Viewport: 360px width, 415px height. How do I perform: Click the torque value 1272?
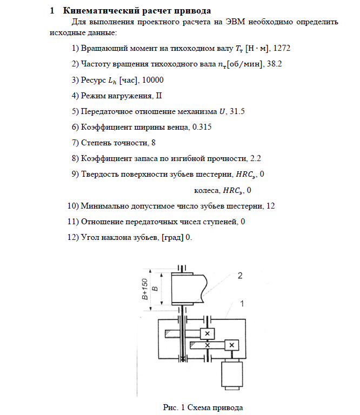click(282, 48)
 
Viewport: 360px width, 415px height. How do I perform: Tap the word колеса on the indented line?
click(206, 190)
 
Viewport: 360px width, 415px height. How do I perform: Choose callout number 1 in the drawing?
click(243, 304)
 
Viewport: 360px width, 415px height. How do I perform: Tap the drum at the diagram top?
click(189, 287)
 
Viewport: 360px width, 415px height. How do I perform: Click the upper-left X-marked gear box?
click(207, 333)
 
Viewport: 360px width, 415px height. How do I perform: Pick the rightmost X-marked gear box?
click(231, 345)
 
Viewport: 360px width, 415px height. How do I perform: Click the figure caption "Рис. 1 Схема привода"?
click(203, 407)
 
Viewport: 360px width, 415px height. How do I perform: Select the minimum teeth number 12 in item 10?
click(271, 206)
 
